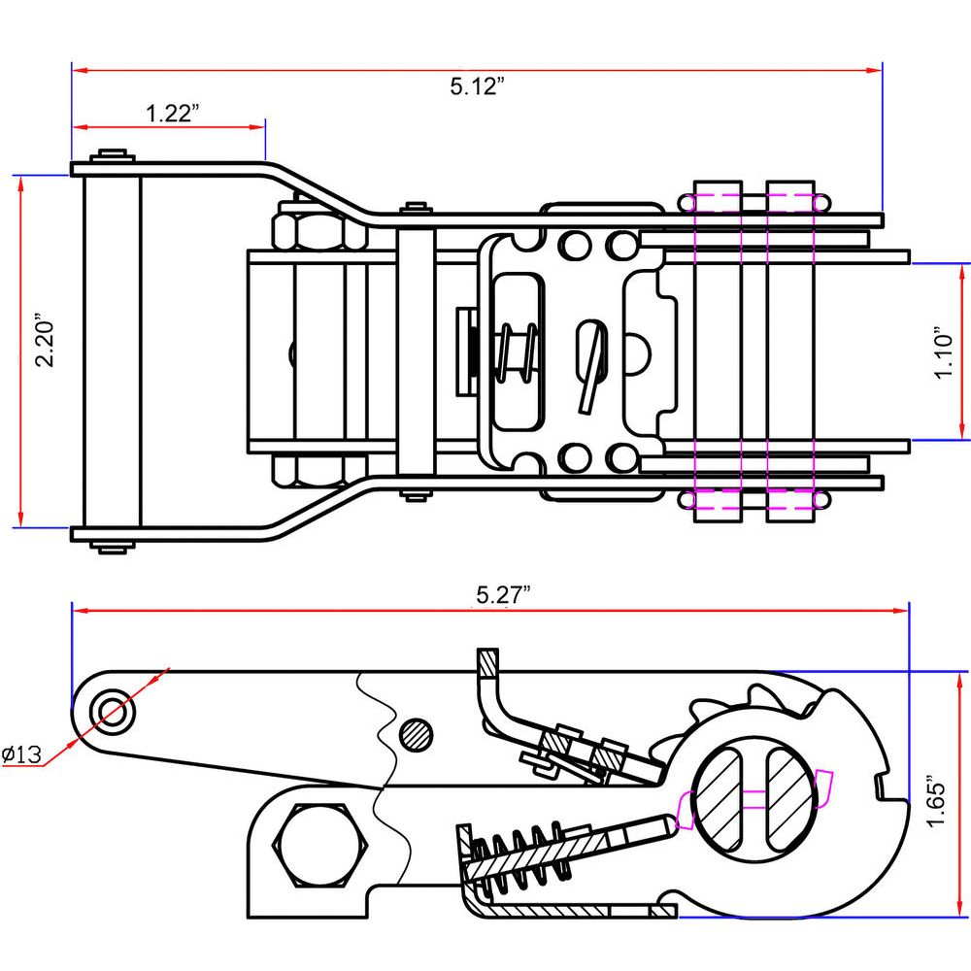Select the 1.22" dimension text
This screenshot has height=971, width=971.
coord(173,114)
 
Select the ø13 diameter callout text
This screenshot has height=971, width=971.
coord(20,754)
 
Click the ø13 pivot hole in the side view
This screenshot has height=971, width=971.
coord(113,710)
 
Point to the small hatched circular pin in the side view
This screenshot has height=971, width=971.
coord(417,733)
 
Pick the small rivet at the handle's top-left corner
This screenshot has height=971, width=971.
coord(115,156)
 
